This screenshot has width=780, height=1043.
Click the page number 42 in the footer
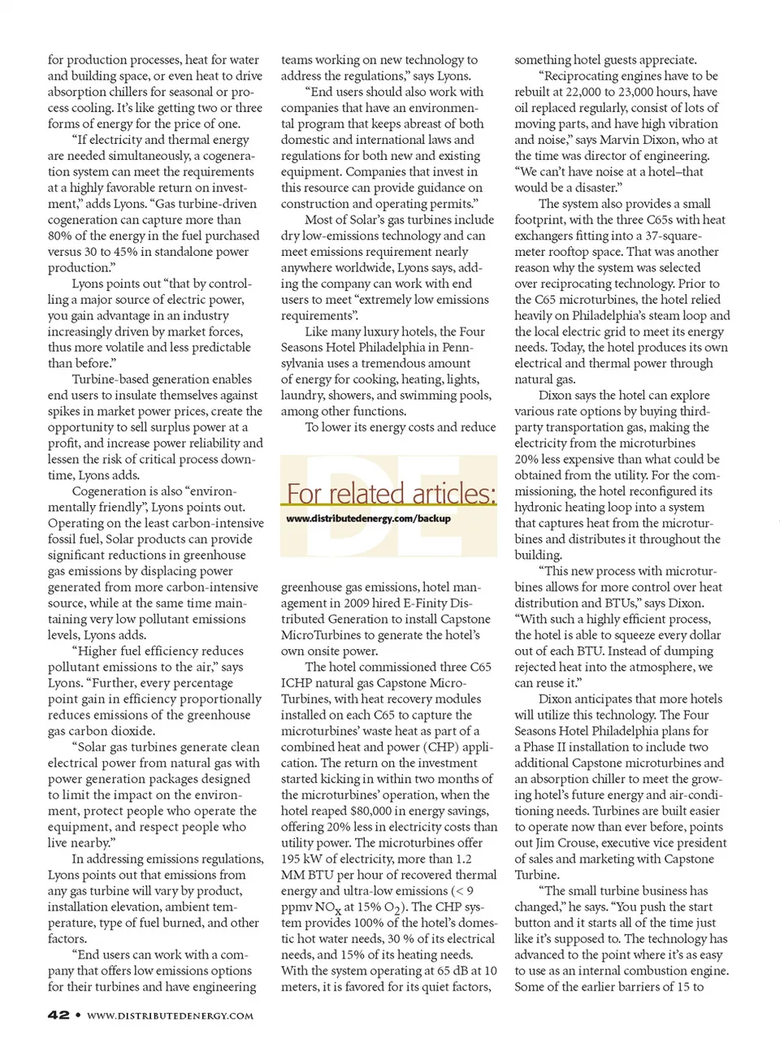[x=58, y=1015]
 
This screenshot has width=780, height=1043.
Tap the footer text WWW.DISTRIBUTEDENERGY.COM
[x=170, y=1015]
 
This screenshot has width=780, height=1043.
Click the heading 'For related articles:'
[x=391, y=493]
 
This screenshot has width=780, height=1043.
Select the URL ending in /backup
[x=369, y=518]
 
